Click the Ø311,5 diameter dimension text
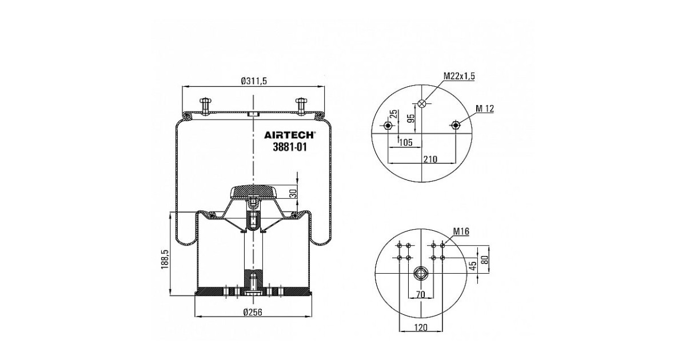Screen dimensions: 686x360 pyautogui.click(x=254, y=81)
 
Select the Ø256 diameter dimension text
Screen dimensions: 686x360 pyautogui.click(x=253, y=312)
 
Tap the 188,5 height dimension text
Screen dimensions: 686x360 pyautogui.click(x=165, y=259)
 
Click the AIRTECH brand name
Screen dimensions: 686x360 pyautogui.click(x=289, y=135)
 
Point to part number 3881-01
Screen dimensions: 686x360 pyautogui.click(x=290, y=147)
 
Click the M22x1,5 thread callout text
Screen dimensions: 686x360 pyautogui.click(x=459, y=76)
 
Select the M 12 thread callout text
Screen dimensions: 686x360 pyautogui.click(x=485, y=109)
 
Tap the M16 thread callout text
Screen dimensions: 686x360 pyautogui.click(x=461, y=231)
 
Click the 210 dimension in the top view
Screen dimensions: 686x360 pyautogui.click(x=430, y=159)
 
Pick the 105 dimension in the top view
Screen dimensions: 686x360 pyautogui.click(x=406, y=142)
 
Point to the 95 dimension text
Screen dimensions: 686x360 pyautogui.click(x=411, y=118)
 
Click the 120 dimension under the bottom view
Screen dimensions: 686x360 pyautogui.click(x=421, y=327)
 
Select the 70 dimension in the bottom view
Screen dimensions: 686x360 pyautogui.click(x=421, y=294)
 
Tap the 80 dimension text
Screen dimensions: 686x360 pyautogui.click(x=484, y=260)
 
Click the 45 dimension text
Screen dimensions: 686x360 pyautogui.click(x=473, y=265)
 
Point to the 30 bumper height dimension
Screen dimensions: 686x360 pyautogui.click(x=293, y=193)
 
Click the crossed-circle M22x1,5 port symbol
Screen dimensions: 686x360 pyautogui.click(x=422, y=103)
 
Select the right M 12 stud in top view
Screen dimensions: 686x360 pyautogui.click(x=456, y=125)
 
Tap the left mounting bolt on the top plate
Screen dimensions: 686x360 pyautogui.click(x=205, y=106)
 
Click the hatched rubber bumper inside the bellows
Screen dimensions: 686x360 pyautogui.click(x=253, y=192)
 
